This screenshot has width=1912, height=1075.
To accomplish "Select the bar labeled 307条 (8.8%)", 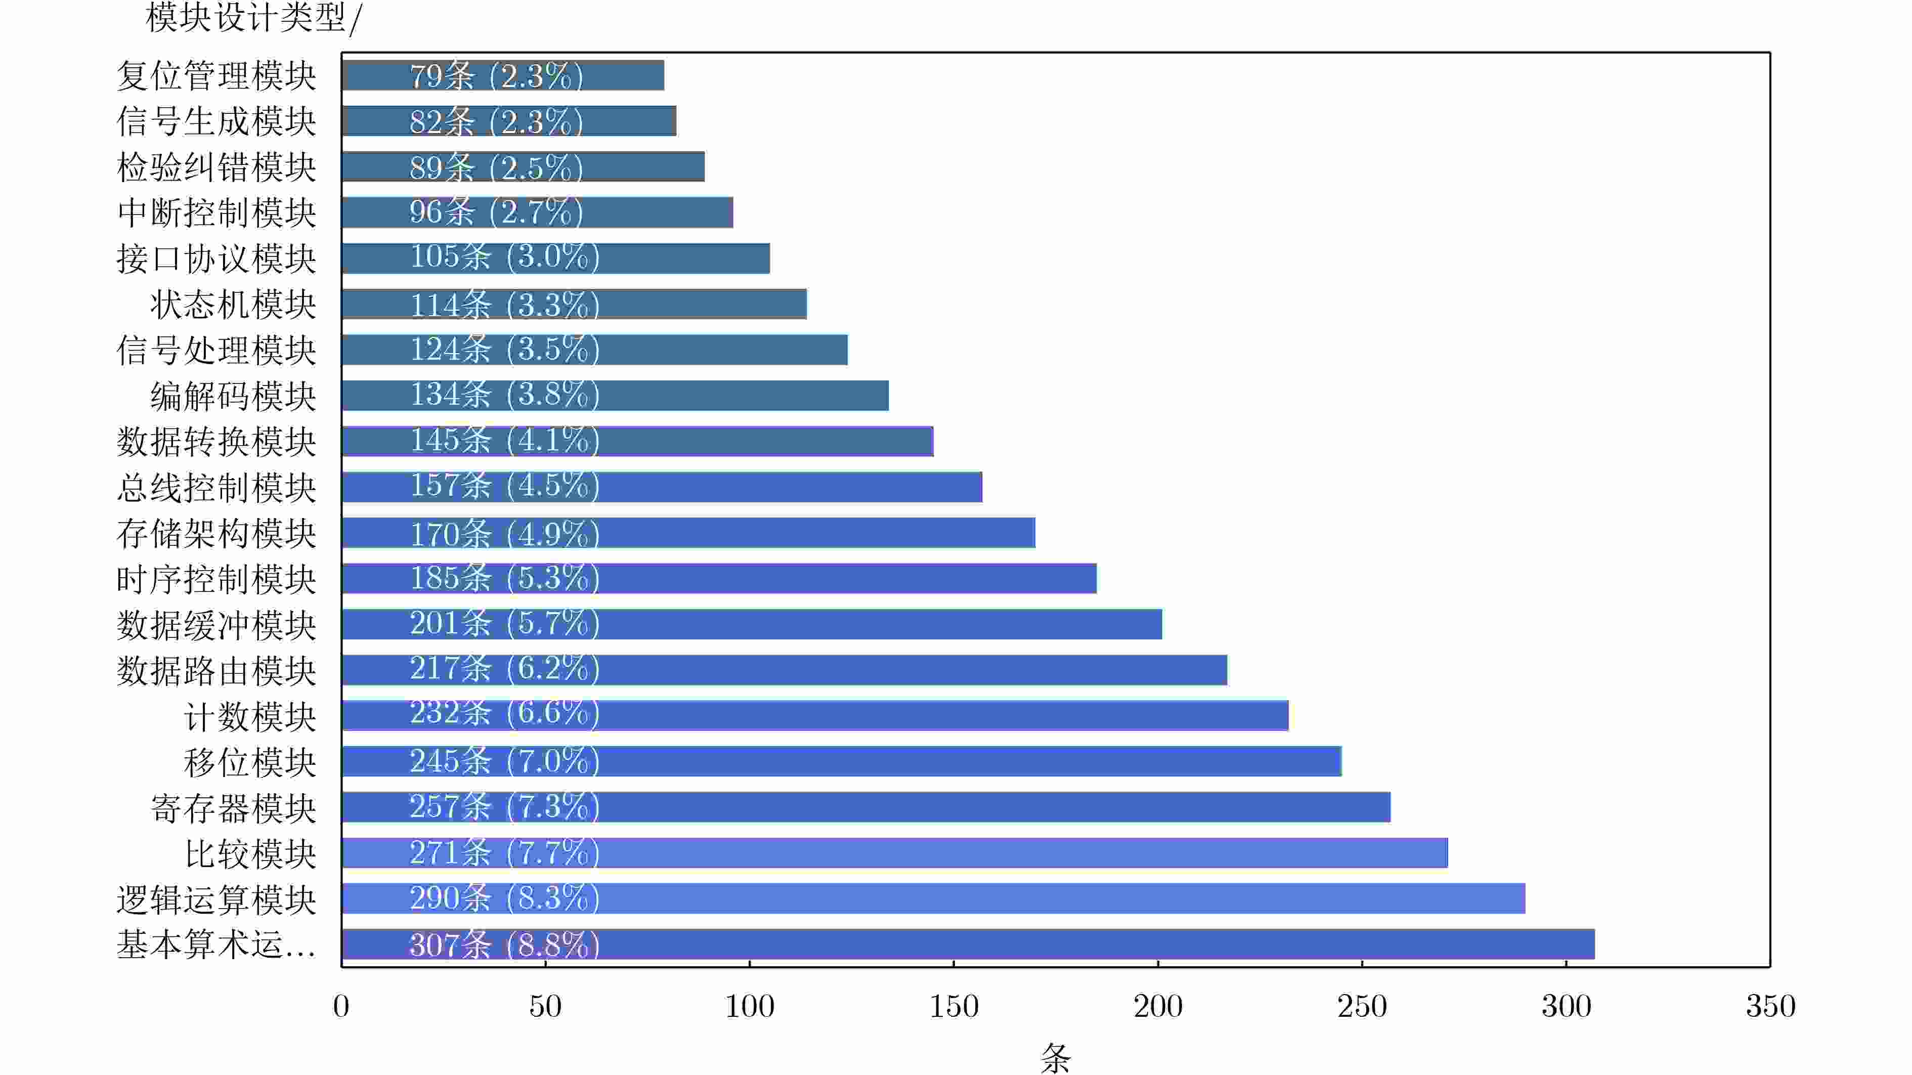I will tap(968, 944).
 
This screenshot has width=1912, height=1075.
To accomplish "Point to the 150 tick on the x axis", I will tap(954, 1007).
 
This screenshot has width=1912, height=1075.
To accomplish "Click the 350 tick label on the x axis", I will tap(1770, 1007).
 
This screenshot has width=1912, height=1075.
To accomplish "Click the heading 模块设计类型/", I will tap(253, 18).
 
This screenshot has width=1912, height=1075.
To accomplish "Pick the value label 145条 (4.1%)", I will tap(505, 440).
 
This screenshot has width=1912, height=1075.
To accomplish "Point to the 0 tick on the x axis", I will tap(341, 1007).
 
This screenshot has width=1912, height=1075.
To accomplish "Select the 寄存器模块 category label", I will tap(233, 808).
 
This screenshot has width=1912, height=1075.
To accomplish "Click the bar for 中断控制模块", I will tap(537, 213).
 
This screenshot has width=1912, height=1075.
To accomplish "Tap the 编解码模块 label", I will tap(233, 396).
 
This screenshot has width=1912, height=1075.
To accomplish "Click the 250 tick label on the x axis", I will tap(1362, 1007).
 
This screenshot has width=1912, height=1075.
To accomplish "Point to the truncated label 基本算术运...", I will tap(216, 945).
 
